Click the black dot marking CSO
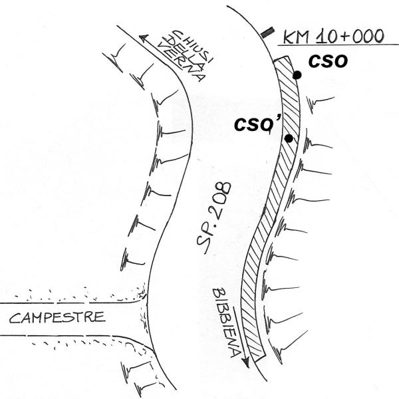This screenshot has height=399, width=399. click(297, 75)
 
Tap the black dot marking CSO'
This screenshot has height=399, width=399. click(289, 138)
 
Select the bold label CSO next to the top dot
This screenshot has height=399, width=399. click(328, 62)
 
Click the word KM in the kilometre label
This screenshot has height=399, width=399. click(296, 37)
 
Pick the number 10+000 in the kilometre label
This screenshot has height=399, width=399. click(350, 36)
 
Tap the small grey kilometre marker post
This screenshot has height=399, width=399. click(267, 33)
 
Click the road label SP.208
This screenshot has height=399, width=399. click(213, 218)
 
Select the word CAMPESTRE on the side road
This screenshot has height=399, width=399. click(57, 318)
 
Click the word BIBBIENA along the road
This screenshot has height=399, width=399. click(226, 323)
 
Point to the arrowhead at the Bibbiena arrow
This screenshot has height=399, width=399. click(245, 362)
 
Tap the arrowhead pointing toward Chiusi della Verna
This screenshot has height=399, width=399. click(144, 38)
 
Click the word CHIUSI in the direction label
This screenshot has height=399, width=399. click(194, 46)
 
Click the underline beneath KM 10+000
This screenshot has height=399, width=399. click(338, 45)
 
